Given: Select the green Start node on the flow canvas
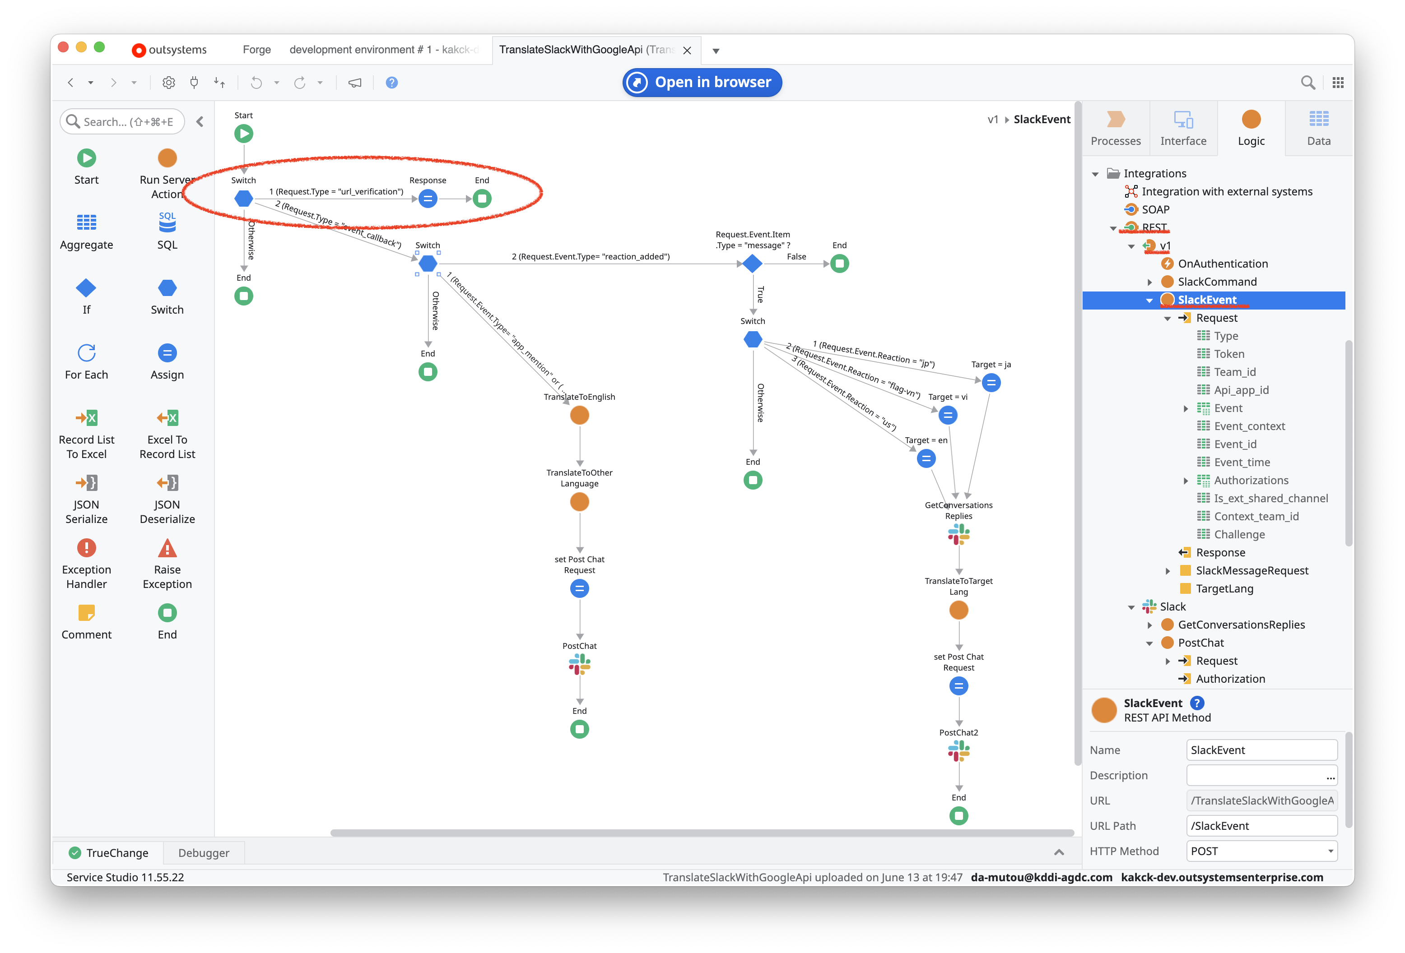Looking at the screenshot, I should [244, 134].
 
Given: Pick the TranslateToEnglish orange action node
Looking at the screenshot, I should [579, 415].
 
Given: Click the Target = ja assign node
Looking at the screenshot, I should [991, 383].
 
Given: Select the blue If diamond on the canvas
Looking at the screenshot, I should [752, 264].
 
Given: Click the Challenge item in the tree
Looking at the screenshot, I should [1239, 534].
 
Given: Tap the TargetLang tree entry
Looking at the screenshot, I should [1224, 588].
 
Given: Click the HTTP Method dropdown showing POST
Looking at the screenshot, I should [1261, 851].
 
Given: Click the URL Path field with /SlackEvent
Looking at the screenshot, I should [1261, 825].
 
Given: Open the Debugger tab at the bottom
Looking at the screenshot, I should [204, 853].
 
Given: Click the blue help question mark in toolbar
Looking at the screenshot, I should [392, 83].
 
